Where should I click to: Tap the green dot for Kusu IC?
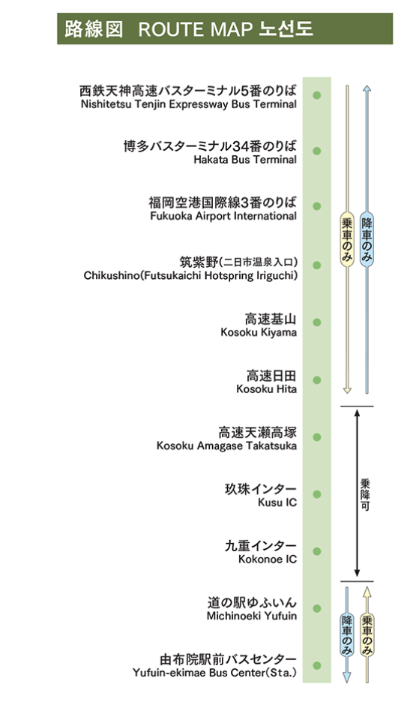click(x=317, y=494)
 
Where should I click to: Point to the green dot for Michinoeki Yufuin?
click(x=317, y=608)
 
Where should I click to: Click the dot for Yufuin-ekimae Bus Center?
click(x=317, y=665)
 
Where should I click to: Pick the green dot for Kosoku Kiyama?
click(x=317, y=322)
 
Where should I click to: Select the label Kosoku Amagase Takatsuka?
click(x=226, y=445)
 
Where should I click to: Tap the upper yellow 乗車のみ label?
click(x=346, y=240)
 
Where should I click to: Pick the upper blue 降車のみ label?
click(x=367, y=240)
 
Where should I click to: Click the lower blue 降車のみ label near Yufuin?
click(x=346, y=636)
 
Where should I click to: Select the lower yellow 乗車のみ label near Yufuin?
click(x=367, y=636)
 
